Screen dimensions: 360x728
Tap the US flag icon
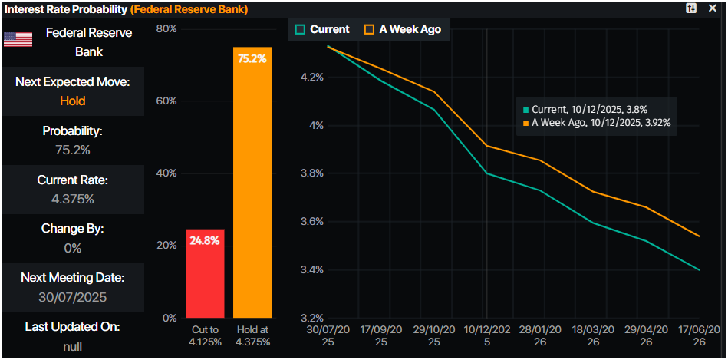[x=18, y=40]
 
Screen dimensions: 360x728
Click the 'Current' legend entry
[x=322, y=29]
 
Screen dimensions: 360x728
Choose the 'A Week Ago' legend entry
[x=402, y=29]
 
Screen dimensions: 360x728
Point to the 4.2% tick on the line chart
[x=311, y=78]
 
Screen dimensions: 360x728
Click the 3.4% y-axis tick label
[x=311, y=270]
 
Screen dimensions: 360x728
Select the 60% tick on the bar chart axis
[x=166, y=101]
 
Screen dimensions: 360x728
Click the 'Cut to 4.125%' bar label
[x=205, y=335]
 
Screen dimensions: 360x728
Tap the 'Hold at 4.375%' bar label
[x=252, y=335]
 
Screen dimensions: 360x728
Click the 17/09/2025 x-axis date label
[x=381, y=335]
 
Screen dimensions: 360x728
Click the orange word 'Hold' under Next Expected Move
[x=73, y=101]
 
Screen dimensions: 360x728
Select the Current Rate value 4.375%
[x=73, y=199]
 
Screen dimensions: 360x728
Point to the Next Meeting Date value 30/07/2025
[x=73, y=297]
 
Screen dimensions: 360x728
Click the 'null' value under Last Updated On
[x=73, y=345]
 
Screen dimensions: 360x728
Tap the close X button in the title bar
[x=712, y=8]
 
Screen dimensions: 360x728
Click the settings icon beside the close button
[x=691, y=8]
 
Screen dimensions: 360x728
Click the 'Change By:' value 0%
[x=73, y=248]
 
